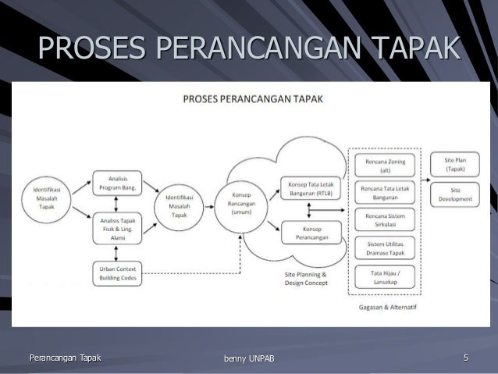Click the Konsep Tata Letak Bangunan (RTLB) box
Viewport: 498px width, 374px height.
pos(305,188)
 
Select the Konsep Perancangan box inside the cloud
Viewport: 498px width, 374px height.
pos(305,232)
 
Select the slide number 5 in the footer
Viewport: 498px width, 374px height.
pos(465,358)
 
